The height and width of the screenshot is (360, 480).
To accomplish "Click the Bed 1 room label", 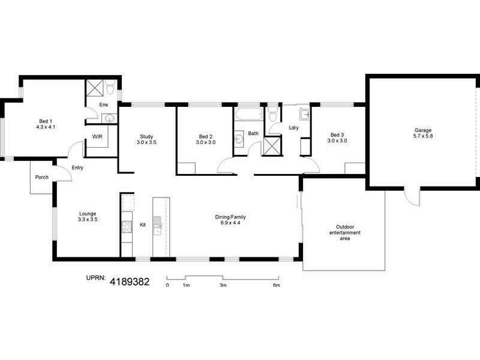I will [46, 124].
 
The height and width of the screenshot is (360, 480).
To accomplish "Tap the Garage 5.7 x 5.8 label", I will [422, 133].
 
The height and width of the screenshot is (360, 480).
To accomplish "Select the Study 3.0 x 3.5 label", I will [146, 139].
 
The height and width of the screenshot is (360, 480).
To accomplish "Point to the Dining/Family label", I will [231, 220].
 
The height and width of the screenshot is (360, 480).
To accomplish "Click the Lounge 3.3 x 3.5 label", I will [88, 217].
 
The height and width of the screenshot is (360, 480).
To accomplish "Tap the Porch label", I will [42, 177].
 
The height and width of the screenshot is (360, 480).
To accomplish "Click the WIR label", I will [97, 137].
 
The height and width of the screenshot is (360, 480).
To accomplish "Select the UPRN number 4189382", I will [129, 280].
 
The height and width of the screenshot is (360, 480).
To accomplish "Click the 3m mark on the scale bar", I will [223, 286].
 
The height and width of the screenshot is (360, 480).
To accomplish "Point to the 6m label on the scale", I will [277, 286].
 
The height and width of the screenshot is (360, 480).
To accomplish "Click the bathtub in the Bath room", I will [248, 114].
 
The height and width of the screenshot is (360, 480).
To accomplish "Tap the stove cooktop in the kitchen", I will [127, 226].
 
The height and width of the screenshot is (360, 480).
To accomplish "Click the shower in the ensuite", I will [94, 88].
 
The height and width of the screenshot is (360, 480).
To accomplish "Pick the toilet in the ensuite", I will [109, 89].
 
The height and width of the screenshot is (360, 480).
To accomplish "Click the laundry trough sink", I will [304, 113].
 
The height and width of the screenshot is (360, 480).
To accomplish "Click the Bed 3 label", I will [337, 137].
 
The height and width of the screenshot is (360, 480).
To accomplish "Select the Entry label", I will [77, 167].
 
